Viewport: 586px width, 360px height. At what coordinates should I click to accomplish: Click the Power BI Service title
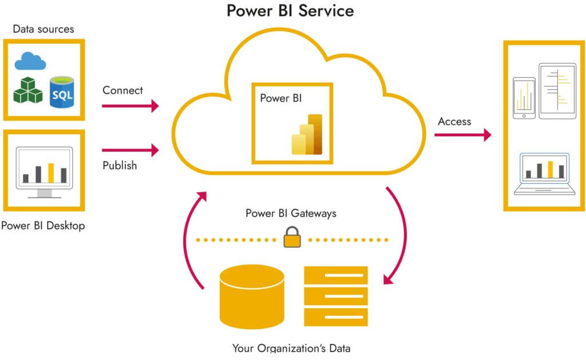[x=290, y=11]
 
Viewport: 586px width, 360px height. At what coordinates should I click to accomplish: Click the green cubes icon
[x=28, y=90]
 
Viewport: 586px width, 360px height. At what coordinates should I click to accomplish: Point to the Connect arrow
[x=130, y=105]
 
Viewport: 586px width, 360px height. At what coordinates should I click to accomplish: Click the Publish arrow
[x=130, y=151]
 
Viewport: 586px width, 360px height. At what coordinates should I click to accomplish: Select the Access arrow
[x=462, y=135]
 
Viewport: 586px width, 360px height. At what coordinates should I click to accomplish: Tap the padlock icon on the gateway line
[x=292, y=238]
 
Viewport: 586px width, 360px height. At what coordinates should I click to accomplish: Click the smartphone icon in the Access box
[x=524, y=98]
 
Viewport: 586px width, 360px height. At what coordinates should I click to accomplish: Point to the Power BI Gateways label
[x=291, y=213]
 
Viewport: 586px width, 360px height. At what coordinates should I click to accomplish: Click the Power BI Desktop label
[x=43, y=226]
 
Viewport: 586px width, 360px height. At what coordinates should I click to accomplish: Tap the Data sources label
[x=43, y=29]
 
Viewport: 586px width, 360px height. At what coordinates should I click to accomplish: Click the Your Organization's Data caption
[x=291, y=348]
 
